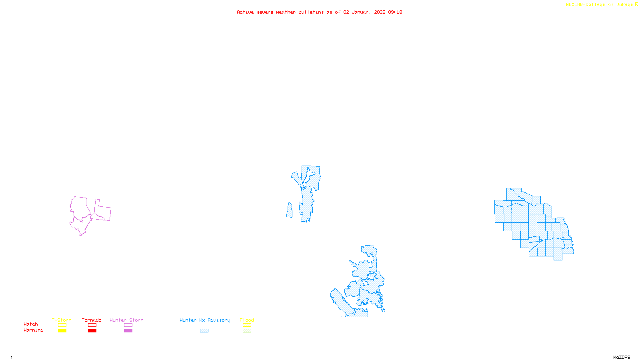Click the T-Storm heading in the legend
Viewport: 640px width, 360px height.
coord(62,320)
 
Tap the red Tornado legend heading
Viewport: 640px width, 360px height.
coord(92,320)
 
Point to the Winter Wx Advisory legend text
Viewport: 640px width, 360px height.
coord(205,320)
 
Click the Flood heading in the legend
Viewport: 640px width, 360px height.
coord(247,320)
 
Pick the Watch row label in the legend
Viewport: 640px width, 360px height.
coord(31,324)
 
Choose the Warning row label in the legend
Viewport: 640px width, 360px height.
coord(33,330)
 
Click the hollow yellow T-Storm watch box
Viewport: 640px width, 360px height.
coord(62,325)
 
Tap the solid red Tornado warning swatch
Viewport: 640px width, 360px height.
coord(92,331)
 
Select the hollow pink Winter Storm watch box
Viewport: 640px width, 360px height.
coord(128,325)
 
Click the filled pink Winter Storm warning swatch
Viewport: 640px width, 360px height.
coord(128,331)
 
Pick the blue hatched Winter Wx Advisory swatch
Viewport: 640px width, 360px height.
coord(204,331)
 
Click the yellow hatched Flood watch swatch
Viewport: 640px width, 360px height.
coord(247,325)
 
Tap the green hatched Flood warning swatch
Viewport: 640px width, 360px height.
coord(247,331)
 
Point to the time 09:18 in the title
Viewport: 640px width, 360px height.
coord(395,12)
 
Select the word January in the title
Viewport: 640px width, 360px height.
coord(362,12)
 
